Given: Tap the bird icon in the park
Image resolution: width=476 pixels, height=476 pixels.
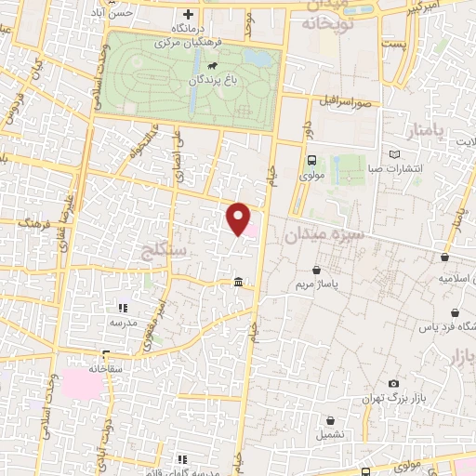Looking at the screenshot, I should tap(213, 66).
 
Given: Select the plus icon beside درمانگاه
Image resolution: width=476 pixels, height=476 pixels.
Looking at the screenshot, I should tap(189, 14).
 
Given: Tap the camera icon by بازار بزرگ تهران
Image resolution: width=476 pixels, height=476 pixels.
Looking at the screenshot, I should tap(393, 384).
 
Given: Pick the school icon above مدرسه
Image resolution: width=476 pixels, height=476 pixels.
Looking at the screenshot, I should tap(122, 308).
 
